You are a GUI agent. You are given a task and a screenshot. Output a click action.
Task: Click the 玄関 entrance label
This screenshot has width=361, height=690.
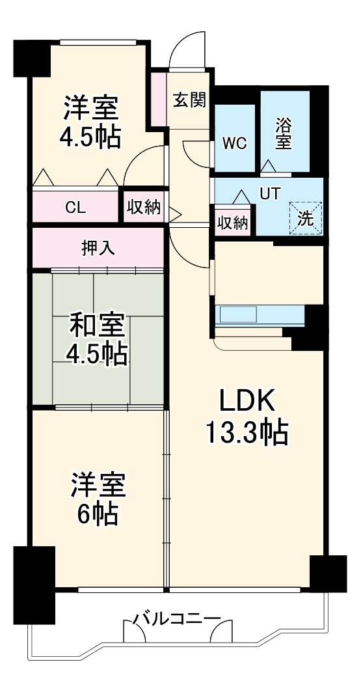point(189,100)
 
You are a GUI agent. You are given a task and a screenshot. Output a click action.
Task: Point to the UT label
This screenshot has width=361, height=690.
point(270,193)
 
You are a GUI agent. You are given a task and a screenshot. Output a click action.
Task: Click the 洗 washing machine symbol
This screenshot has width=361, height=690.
point(305,219)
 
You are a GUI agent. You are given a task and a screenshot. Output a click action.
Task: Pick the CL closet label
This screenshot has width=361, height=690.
point(75,208)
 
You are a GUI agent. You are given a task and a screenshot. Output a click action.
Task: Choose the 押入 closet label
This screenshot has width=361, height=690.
point(99,249)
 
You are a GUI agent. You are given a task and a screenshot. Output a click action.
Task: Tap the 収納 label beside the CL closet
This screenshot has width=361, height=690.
point(143,208)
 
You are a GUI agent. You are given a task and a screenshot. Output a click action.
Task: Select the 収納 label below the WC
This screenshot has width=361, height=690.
point(232,223)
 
